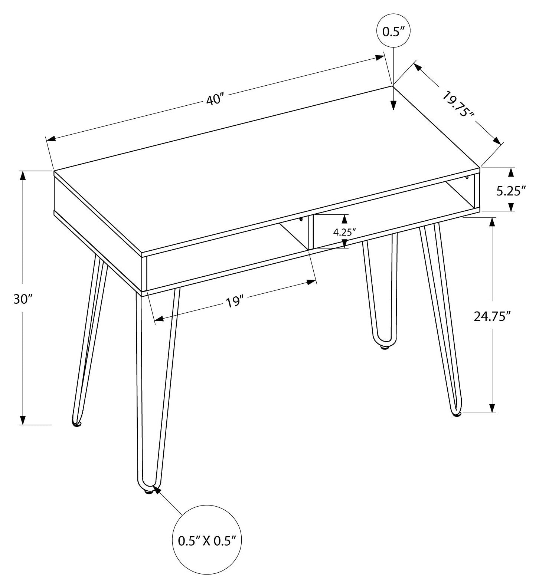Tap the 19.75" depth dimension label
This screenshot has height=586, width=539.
click(458, 104)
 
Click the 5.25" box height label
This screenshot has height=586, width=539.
click(511, 191)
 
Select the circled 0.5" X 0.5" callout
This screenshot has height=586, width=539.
click(207, 541)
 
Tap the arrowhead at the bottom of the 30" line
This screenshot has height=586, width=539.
click(23, 419)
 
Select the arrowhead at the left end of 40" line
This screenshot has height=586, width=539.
click(51, 139)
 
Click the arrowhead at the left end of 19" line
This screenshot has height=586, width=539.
click(159, 319)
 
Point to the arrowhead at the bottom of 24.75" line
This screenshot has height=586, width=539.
click(493, 408)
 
